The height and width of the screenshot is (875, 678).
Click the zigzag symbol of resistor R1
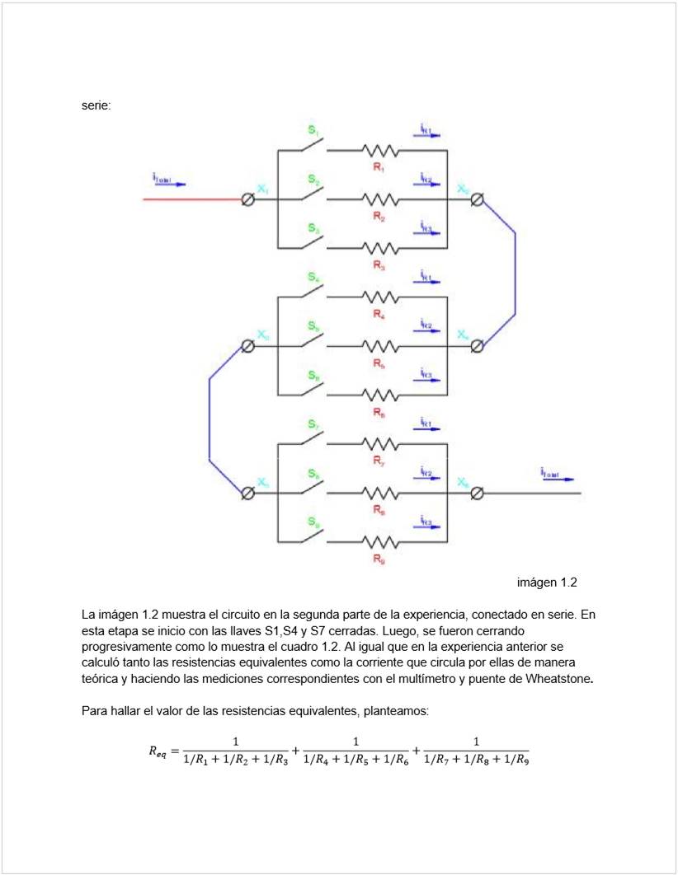(x=379, y=151)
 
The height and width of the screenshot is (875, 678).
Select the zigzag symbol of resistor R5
(x=379, y=346)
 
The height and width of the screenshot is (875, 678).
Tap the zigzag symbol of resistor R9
(x=379, y=541)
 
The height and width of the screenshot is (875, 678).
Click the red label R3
(x=379, y=265)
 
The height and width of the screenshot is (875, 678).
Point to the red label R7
(x=379, y=461)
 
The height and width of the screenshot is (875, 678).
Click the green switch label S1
(x=313, y=130)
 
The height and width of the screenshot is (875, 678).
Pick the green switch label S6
(x=313, y=376)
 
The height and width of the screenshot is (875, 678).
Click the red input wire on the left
(x=190, y=199)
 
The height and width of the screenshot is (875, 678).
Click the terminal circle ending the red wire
(x=247, y=199)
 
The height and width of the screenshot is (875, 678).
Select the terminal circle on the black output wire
(x=477, y=493)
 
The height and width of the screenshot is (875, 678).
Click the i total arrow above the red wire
(x=169, y=180)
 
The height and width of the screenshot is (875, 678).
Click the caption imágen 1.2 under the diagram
(x=547, y=583)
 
